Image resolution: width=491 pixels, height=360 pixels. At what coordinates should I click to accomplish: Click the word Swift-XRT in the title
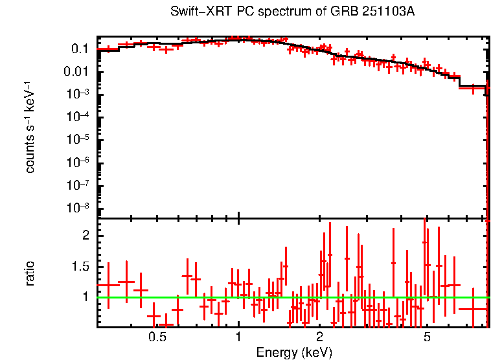195,12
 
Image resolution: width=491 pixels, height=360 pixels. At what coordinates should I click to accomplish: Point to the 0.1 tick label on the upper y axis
80,49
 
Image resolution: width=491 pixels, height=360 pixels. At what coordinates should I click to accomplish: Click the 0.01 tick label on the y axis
77,71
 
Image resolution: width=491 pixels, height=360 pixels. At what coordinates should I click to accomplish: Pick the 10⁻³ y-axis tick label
78,94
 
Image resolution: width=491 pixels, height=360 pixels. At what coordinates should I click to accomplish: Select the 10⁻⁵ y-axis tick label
78,139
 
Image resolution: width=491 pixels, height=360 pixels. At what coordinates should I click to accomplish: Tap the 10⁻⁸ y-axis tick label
78,208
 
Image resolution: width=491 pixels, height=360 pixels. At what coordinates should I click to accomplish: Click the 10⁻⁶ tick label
78,163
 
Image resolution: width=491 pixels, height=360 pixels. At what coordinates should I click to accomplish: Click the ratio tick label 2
84,236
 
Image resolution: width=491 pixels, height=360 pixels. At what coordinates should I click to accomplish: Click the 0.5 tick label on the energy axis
157,337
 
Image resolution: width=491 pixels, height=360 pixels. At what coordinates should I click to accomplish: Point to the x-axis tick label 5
426,337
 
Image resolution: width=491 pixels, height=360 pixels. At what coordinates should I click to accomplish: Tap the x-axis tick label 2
319,337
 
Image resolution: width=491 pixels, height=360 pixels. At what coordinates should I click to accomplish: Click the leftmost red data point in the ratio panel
108,285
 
